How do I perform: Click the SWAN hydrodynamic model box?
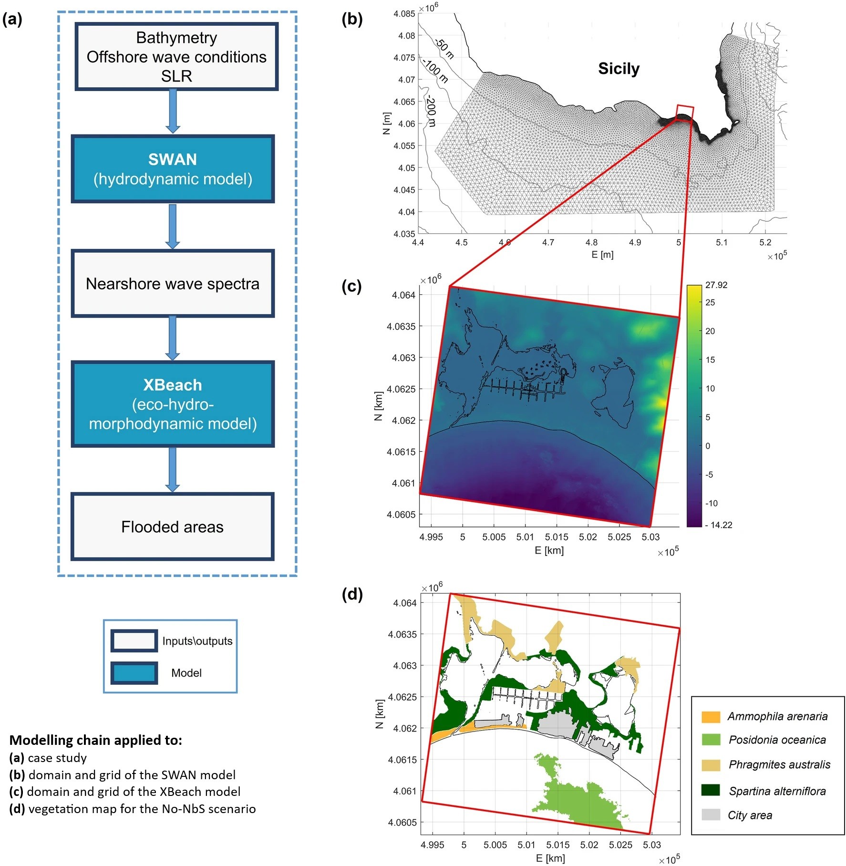pos(173,169)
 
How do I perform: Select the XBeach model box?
pos(173,404)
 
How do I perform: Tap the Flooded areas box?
pos(173,526)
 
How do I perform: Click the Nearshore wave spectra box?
pos(173,283)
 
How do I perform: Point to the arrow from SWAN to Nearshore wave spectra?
pos(173,227)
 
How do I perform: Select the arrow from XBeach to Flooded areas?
pos(173,470)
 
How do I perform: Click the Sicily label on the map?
pos(619,69)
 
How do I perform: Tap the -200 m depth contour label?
pos(431,111)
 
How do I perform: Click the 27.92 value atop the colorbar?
pos(716,285)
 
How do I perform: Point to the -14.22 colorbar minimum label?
pos(719,525)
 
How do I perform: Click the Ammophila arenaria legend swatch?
pos(711,717)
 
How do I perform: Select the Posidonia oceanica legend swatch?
pos(711,740)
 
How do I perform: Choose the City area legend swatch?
pos(711,814)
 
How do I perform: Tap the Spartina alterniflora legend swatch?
pos(711,790)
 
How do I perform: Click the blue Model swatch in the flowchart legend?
pos(134,673)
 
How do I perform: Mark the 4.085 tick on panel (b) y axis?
pos(404,14)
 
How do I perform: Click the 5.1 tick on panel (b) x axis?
pos(722,243)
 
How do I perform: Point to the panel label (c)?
pos(352,286)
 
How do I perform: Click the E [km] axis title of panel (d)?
pos(550,858)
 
